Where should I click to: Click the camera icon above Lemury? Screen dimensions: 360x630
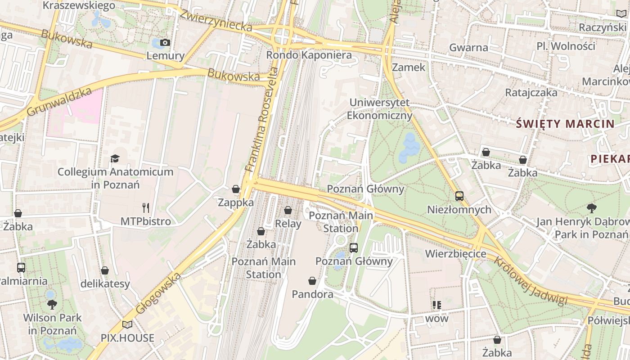pos(165,42)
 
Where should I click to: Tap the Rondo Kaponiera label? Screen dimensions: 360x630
pos(309,55)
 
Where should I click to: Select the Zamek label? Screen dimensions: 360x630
pos(409,67)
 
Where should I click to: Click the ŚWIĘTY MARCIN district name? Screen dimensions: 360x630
pos(565,124)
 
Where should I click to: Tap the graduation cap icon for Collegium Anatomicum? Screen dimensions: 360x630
pos(115,158)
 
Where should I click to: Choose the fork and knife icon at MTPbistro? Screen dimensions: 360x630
pos(145,207)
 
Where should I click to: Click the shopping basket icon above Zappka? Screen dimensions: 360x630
pos(236,189)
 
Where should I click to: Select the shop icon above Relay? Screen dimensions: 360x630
pos(288,210)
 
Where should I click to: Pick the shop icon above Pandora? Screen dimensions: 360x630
pos(312,281)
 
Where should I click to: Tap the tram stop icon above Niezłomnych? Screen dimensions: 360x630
pos(459,196)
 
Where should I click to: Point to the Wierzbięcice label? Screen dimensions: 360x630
pos(456,254)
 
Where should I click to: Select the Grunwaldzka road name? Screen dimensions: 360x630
pos(59,102)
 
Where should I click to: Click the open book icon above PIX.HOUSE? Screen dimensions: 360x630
pos(127,324)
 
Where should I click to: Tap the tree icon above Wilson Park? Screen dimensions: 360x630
pos(52,304)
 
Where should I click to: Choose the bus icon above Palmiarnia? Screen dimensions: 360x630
pos(21,268)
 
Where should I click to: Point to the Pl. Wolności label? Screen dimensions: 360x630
pos(566,46)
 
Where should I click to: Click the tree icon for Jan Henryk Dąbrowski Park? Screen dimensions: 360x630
pos(591,208)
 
